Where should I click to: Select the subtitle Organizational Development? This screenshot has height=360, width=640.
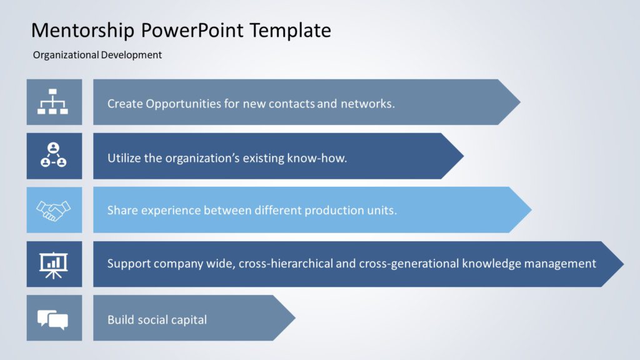pos(97,55)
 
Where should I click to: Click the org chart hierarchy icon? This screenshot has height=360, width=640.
pos(54,102)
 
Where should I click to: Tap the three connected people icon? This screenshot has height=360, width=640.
pos(54,156)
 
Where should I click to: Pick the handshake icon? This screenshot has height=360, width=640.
pos(54,210)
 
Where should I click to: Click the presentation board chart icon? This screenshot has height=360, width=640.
pos(54,264)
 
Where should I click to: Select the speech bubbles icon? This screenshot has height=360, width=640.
pos(54,318)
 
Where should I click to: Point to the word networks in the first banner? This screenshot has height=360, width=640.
pos(367,104)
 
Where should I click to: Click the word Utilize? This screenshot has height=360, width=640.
pos(124,158)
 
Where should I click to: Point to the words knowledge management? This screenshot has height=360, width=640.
pos(529,264)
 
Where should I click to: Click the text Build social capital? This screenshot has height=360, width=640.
pos(157,320)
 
